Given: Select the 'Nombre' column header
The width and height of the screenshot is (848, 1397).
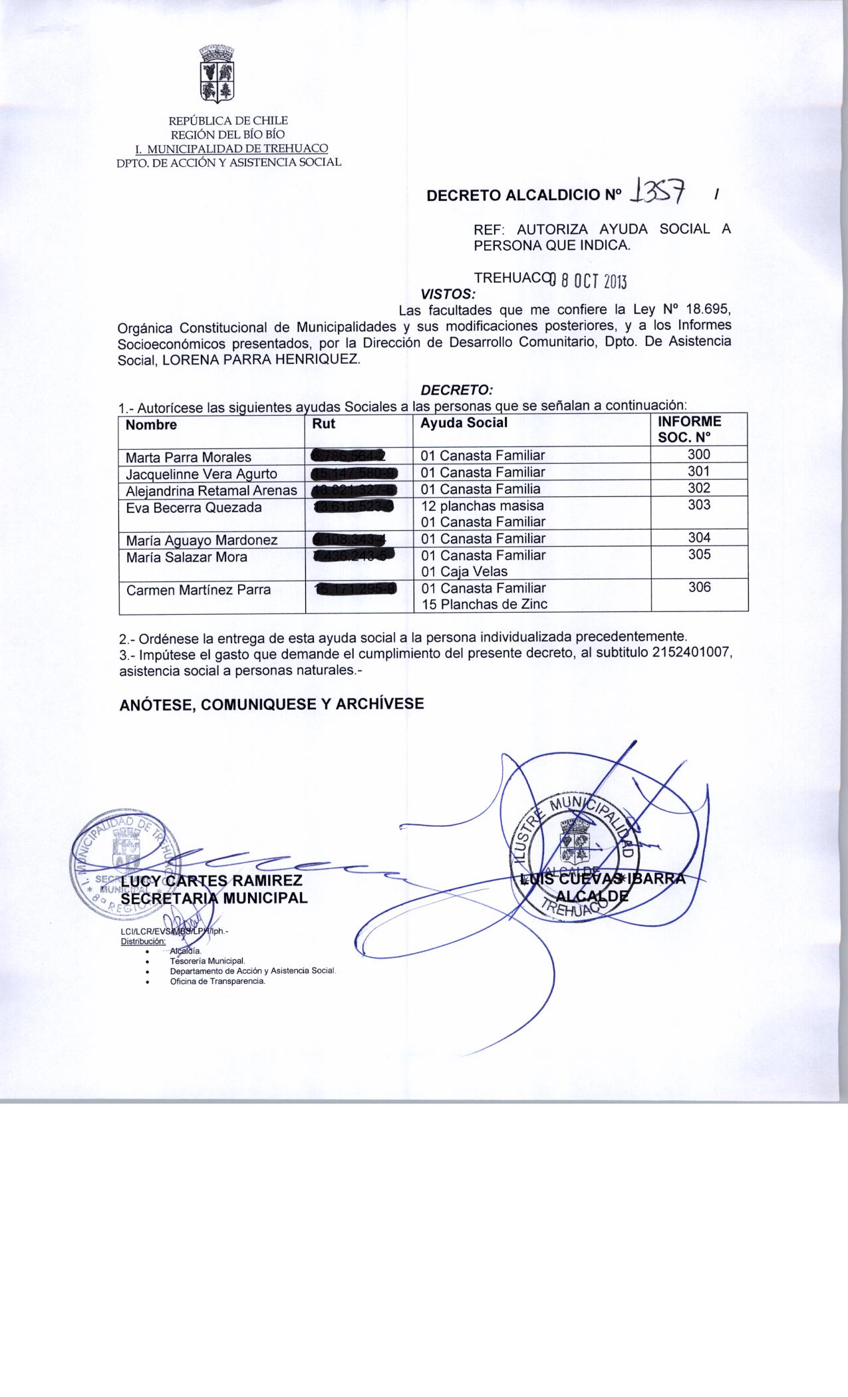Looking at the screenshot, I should coord(152,425).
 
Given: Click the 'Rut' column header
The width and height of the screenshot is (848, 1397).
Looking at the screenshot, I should coord(324,424).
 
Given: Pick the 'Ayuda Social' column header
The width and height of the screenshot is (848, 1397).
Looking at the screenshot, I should coord(464,423).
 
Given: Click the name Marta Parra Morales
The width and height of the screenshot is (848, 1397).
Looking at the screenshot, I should coord(189,457).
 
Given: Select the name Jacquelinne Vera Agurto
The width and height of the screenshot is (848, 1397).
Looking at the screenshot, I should coord(202,474).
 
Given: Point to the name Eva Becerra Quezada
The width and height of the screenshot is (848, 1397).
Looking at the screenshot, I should coord(194,508).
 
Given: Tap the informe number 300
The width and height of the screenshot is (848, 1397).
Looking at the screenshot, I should coord(698,455).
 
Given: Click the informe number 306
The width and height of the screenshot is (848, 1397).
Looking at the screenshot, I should coord(699,587).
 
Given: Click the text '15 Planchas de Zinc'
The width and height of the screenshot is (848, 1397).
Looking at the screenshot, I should coord(485,604).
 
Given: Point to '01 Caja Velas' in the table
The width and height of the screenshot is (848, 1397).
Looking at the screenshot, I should coord(464,571).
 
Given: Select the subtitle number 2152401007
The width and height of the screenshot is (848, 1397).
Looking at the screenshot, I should coord(692,653).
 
